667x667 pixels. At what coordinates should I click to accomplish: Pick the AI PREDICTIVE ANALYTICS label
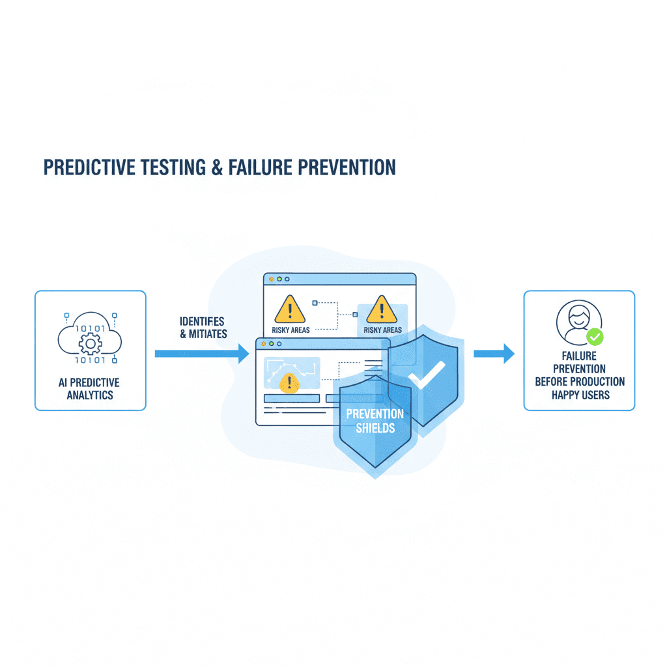(89, 388)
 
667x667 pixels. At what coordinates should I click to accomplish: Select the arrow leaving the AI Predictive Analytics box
(202, 354)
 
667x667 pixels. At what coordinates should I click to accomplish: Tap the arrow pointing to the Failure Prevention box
(493, 354)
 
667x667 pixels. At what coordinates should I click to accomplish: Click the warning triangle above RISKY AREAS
(289, 309)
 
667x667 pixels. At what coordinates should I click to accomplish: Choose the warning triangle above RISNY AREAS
(381, 309)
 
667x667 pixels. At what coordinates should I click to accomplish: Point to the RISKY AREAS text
(291, 330)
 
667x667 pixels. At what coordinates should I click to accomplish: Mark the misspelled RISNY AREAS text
(382, 330)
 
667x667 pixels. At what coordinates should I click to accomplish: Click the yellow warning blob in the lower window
(287, 382)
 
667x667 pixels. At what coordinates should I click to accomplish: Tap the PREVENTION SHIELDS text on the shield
(375, 421)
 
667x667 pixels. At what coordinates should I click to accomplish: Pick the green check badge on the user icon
(594, 337)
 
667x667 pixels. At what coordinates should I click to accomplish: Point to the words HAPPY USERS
(580, 395)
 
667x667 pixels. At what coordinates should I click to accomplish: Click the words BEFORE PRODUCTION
(580, 382)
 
